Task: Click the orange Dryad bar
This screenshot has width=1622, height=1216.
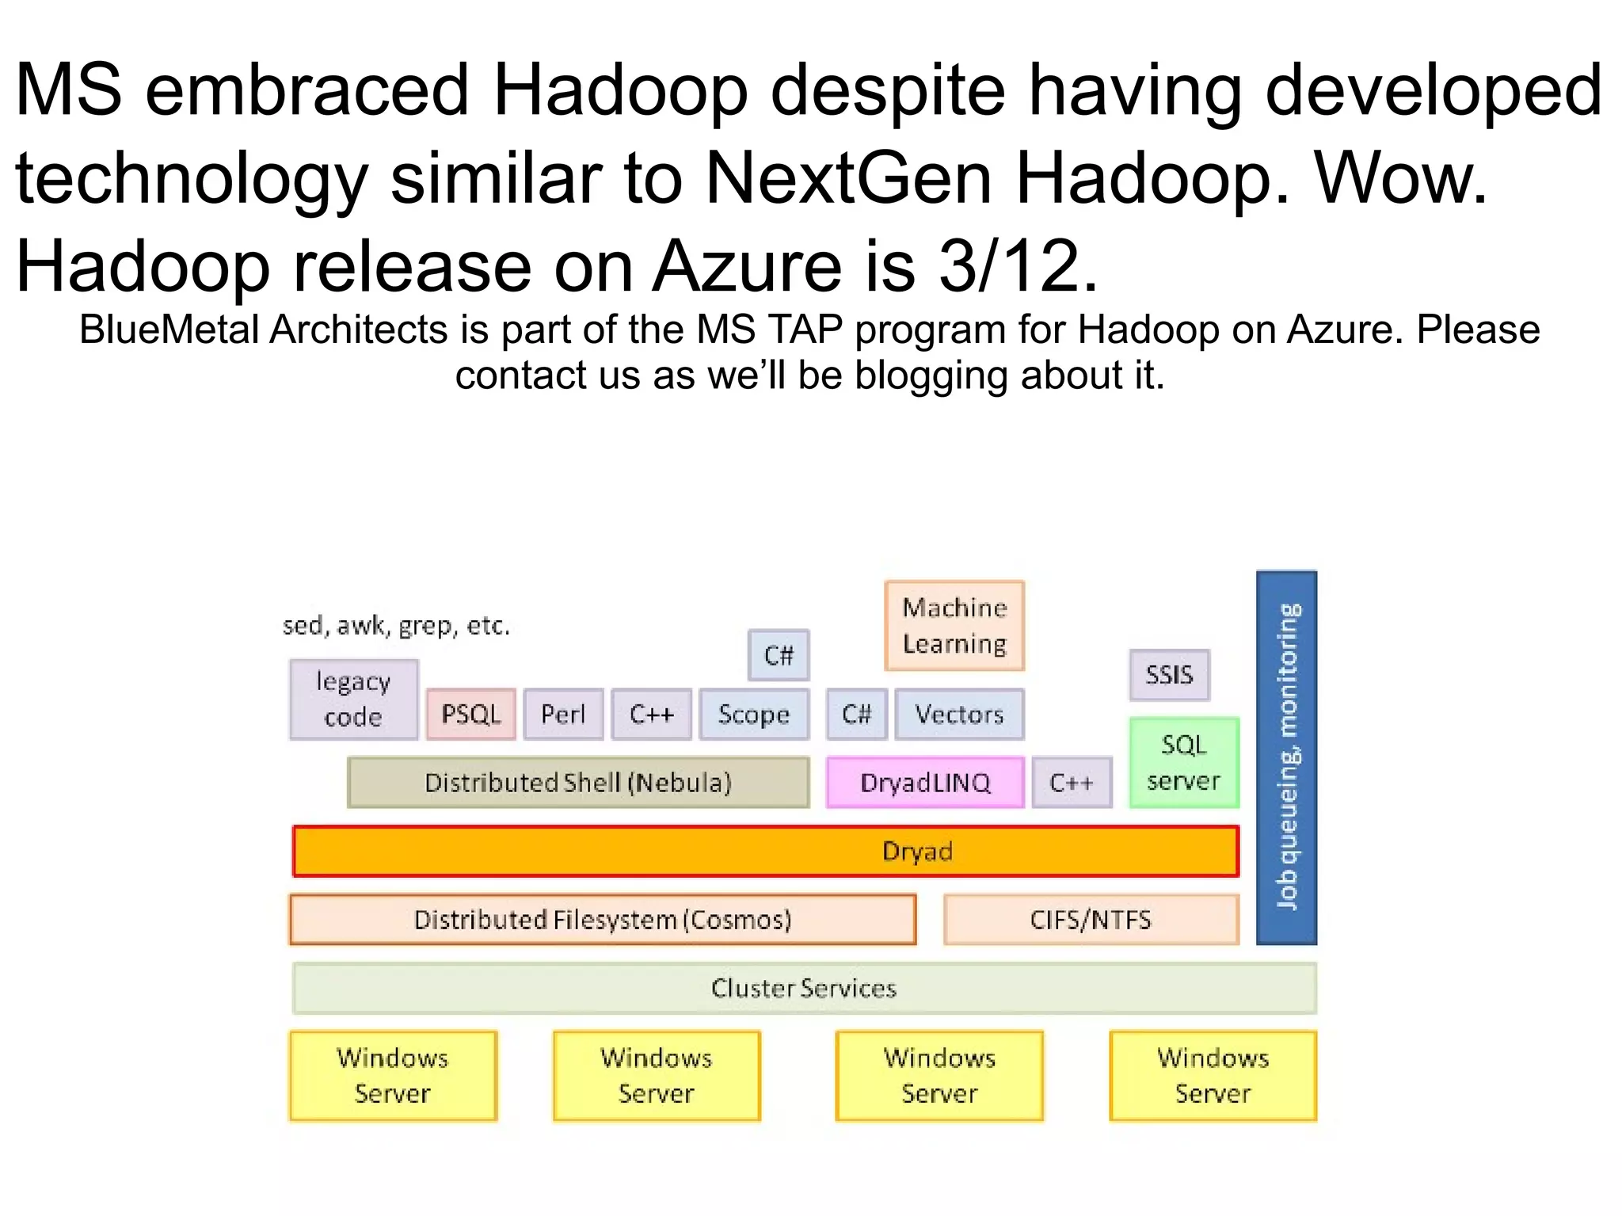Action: click(x=765, y=852)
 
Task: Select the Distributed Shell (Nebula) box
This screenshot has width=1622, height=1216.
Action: click(x=578, y=783)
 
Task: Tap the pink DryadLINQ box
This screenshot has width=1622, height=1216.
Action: click(x=925, y=783)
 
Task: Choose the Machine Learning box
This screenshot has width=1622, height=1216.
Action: click(x=954, y=626)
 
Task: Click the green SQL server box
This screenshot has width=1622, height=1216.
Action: click(x=1184, y=763)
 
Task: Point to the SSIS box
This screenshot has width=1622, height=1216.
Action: click(x=1169, y=675)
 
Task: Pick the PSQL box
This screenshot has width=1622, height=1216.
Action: click(x=470, y=715)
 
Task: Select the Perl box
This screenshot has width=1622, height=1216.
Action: click(x=563, y=715)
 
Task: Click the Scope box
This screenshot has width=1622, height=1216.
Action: click(x=754, y=715)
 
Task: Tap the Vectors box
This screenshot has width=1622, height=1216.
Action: click(x=959, y=715)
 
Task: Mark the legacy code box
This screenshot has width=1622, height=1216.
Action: click(x=353, y=699)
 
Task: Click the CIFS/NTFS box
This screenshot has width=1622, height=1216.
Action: click(x=1091, y=920)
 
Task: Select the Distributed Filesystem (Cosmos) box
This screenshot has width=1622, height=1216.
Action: click(x=603, y=920)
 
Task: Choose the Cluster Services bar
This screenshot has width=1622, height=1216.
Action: click(x=804, y=988)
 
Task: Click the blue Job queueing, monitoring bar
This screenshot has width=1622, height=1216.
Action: click(x=1287, y=757)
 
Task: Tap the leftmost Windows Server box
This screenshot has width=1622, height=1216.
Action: click(x=393, y=1076)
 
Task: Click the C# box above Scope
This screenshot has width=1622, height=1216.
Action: click(x=779, y=655)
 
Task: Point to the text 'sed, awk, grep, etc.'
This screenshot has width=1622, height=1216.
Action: click(x=396, y=626)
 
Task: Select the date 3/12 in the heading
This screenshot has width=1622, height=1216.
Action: click(x=1008, y=265)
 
